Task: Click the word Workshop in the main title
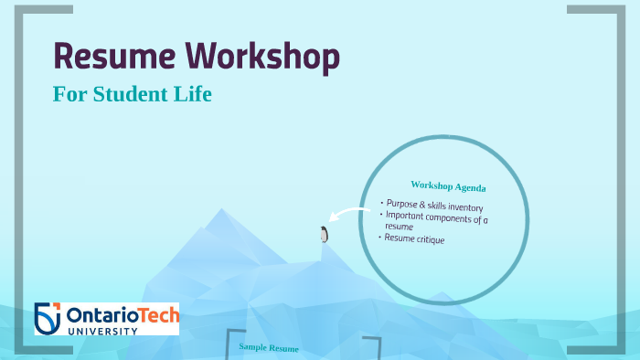pos(263,57)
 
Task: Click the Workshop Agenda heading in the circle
pos(448,186)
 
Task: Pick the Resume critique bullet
pos(416,238)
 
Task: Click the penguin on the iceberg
pos(324,234)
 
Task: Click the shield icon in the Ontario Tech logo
pos(48,318)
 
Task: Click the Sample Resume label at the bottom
pos(269,348)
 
